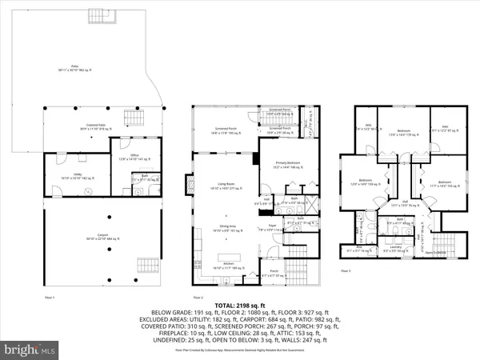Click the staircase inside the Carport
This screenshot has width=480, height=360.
point(148,265)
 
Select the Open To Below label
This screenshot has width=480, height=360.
point(434,253)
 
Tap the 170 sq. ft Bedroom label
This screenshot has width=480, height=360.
point(404,130)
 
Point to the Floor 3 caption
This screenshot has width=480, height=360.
point(346,271)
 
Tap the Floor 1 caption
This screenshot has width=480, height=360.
point(49,295)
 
